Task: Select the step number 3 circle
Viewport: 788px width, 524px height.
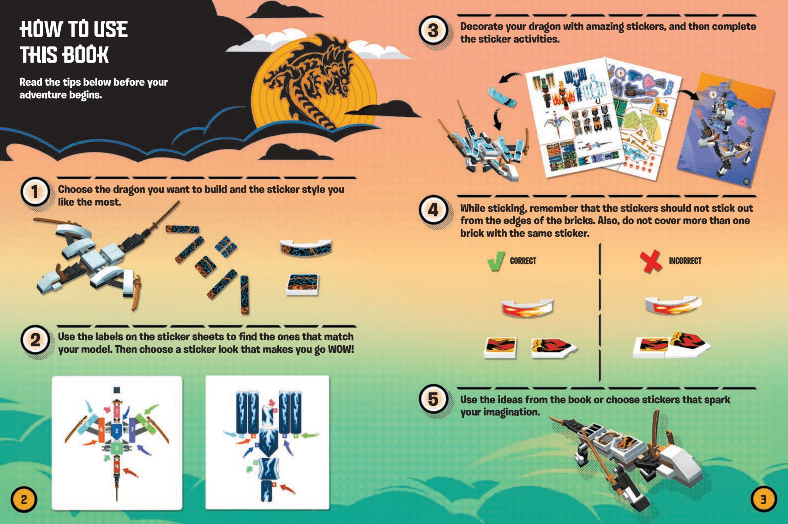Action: click(x=433, y=30)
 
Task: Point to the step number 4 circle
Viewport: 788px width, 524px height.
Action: click(x=433, y=210)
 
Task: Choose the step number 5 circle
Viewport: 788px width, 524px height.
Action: click(x=433, y=399)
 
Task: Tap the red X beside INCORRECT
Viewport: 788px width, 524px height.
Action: click(x=651, y=261)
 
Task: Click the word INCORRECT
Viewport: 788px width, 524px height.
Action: click(x=685, y=261)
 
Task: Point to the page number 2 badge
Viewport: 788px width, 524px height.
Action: click(x=24, y=500)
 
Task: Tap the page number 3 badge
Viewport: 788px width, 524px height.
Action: click(x=764, y=500)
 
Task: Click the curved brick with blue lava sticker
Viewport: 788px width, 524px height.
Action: click(x=306, y=248)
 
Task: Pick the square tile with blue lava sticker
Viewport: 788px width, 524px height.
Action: click(x=303, y=285)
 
